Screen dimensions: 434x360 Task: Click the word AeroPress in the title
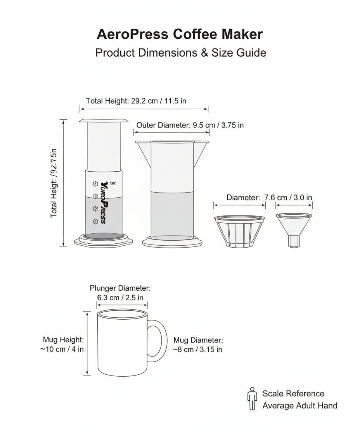pos(132,34)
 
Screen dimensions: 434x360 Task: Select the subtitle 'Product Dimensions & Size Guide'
pos(180,53)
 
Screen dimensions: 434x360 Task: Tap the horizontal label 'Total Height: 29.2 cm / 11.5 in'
pos(136,101)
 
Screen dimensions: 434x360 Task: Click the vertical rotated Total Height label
pos(54,183)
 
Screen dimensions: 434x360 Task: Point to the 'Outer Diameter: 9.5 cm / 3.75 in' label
pos(190,125)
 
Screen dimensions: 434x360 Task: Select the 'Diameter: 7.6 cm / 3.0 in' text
pos(269,198)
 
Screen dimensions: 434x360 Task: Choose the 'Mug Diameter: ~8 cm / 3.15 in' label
pos(198,345)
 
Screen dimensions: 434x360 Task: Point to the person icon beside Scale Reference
pos(253,399)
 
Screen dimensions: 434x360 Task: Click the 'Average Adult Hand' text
pos(299,406)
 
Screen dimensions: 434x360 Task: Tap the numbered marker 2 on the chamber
pos(95,209)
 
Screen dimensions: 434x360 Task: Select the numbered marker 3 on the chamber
pos(95,196)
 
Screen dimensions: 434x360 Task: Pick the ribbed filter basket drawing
pos(239,231)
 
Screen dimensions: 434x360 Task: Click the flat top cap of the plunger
pos(104,121)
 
